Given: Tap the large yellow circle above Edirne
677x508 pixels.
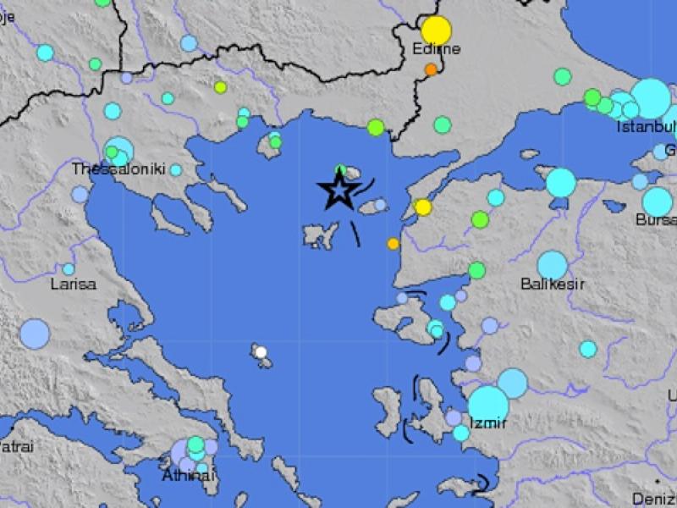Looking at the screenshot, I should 437,30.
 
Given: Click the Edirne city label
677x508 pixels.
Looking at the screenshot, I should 436,49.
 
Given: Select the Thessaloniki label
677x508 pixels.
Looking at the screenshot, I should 118,169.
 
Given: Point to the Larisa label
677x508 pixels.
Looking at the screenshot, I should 73,284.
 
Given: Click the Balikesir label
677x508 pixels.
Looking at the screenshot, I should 553,284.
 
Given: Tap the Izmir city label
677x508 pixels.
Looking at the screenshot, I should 487,423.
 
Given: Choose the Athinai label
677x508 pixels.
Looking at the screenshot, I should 189,476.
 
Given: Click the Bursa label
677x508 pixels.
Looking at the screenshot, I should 656,220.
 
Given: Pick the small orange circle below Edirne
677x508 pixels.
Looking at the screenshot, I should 431,69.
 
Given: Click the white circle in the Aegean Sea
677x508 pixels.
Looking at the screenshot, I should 261,352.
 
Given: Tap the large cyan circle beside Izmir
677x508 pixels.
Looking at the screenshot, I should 488,405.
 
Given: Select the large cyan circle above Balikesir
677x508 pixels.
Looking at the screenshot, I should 552,265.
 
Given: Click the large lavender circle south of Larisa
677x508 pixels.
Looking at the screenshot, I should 35,334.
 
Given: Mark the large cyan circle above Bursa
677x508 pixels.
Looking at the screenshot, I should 658,201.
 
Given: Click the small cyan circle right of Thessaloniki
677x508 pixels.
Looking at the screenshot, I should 175,170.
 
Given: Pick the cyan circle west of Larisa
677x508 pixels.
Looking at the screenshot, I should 69,269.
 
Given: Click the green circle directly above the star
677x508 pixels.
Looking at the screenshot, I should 341,170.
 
